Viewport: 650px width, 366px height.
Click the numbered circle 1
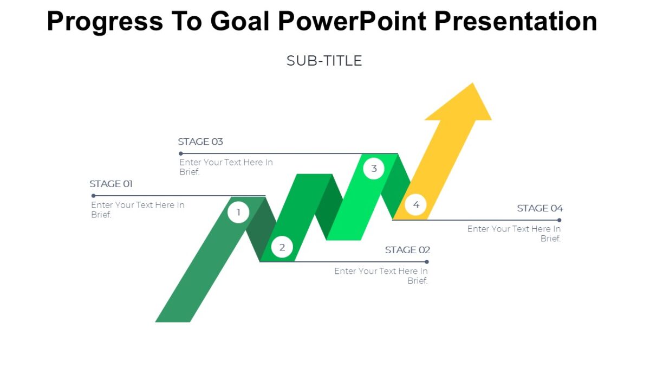coord(238,212)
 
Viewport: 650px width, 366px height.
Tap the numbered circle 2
coord(282,248)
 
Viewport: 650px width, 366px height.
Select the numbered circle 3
coord(374,169)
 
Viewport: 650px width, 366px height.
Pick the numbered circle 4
coord(416,204)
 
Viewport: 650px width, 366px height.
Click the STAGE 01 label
coord(111,184)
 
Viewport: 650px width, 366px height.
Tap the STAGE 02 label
coord(407,250)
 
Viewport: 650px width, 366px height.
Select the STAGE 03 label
coord(200,142)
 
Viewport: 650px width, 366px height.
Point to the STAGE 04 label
coord(539,208)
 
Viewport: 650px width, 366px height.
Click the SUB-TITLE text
coord(324,61)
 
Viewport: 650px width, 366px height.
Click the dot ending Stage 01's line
coord(93,196)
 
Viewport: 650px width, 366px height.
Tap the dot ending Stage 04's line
coord(559,220)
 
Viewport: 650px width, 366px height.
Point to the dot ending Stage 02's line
coord(427,262)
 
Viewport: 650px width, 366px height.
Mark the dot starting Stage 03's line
coord(181,153)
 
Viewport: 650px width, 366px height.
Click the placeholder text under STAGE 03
coord(226,167)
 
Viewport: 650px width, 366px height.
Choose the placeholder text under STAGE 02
coord(381,275)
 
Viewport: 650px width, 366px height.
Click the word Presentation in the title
coord(515,21)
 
